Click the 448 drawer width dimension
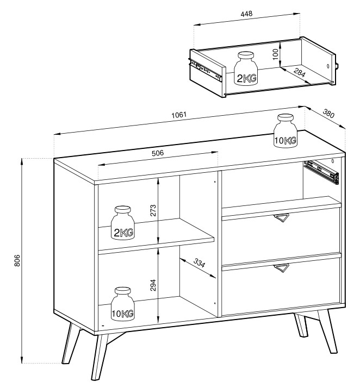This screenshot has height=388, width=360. tap(246, 14)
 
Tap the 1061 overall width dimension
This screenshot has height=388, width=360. tap(178, 115)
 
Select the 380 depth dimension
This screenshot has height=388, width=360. tap(328, 114)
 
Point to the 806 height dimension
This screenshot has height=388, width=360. tap(17, 260)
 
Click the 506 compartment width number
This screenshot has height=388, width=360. tap(158, 153)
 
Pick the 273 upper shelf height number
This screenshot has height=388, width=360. tap(153, 210)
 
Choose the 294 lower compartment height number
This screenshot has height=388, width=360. tap(153, 285)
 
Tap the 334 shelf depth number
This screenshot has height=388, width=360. tap(200, 263)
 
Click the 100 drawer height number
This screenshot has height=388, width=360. tap(276, 54)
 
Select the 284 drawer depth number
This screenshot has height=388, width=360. tap(300, 72)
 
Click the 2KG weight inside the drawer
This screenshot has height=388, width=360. tap(246, 69)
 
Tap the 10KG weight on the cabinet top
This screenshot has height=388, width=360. tap(285, 131)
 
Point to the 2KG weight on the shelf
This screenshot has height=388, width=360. tap(123, 223)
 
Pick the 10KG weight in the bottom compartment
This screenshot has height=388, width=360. tap(123, 304)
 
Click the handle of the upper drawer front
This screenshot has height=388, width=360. tap(281, 217)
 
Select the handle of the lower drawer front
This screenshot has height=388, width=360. tap(282, 268)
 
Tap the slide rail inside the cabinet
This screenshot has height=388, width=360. tap(321, 172)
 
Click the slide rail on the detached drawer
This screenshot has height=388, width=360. tap(205, 70)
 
